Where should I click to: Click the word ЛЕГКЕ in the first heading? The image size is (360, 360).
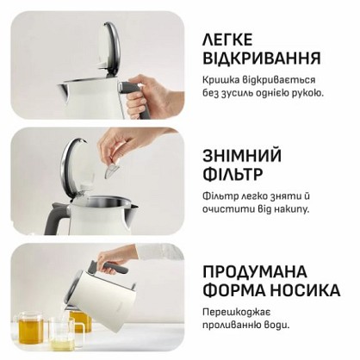tap(227, 40)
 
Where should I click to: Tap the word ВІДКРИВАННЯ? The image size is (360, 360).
tap(262, 58)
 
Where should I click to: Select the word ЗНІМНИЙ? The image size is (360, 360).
tap(242, 155)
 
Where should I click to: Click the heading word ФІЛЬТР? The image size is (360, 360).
tap(233, 174)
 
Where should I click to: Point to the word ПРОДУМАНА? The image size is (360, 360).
tap(255, 271)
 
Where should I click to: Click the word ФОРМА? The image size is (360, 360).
tap(233, 290)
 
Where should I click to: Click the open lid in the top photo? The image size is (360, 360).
tap(108, 47)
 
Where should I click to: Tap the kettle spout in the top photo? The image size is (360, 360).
tap(65, 90)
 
